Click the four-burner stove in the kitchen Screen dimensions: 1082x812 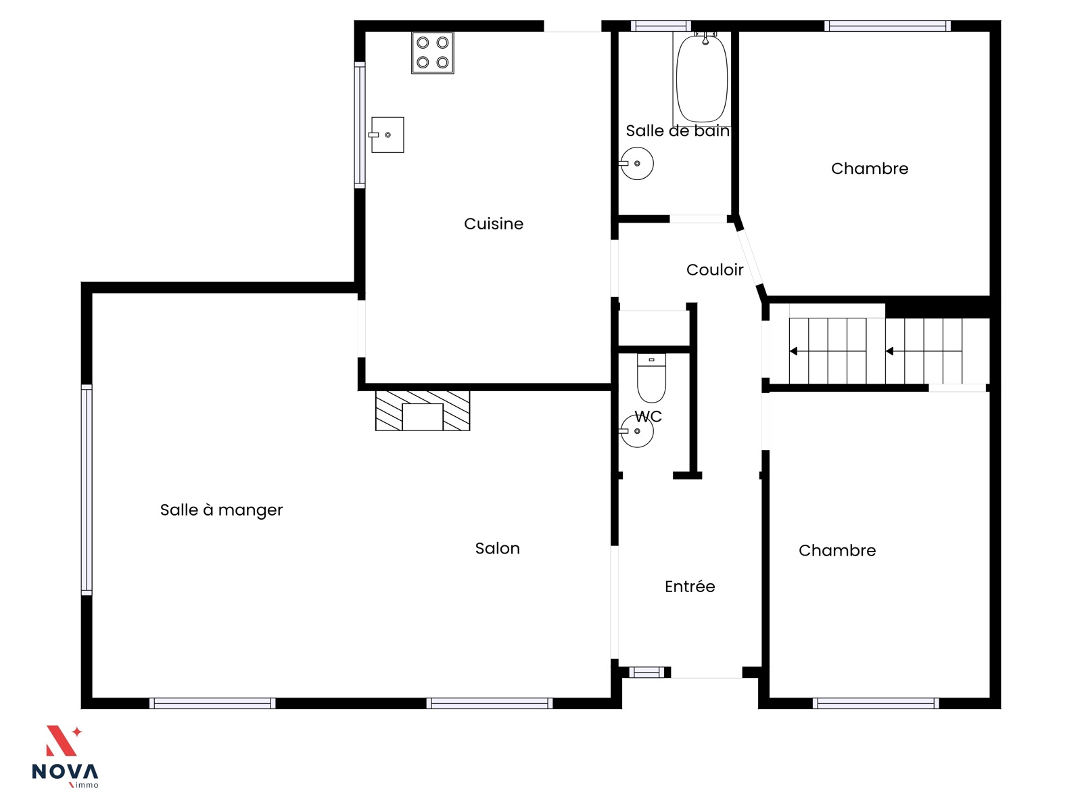(x=432, y=53)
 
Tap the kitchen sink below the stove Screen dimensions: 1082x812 (x=386, y=135)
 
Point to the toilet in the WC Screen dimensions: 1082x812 (x=651, y=378)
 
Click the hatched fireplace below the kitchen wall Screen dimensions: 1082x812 (x=423, y=411)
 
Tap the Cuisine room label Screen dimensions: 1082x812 (x=494, y=224)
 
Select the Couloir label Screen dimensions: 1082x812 (x=714, y=270)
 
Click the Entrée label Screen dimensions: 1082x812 (x=689, y=586)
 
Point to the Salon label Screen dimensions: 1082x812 (x=497, y=548)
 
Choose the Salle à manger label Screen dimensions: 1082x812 (x=221, y=510)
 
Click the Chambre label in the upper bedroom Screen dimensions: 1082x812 (x=869, y=168)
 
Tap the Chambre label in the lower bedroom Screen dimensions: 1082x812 (x=837, y=550)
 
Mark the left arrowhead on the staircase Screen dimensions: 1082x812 (x=793, y=351)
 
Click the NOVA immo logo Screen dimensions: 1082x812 (x=65, y=757)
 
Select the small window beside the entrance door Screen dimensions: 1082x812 (x=646, y=672)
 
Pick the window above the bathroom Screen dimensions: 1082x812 (x=661, y=26)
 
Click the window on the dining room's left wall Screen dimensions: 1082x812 (x=87, y=489)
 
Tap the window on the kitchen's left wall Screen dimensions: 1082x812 (x=359, y=125)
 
